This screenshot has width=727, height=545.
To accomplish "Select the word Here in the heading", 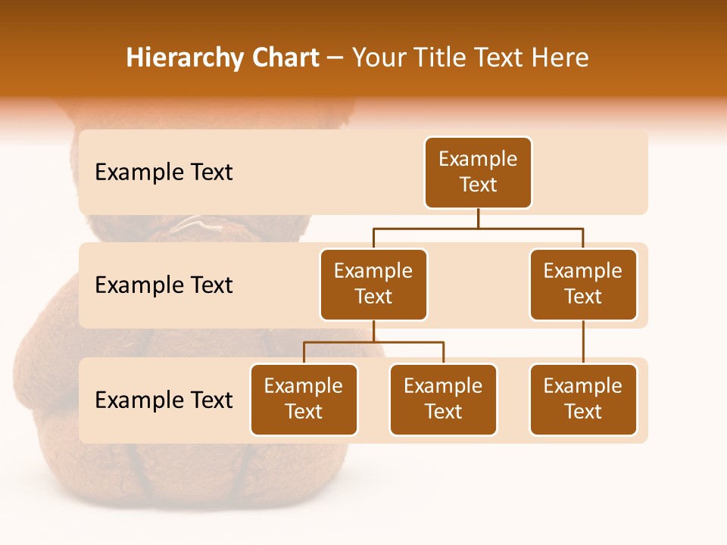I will click(560, 58).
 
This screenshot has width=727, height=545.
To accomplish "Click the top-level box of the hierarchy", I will click(478, 173).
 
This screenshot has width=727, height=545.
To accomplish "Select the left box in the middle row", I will click(373, 285).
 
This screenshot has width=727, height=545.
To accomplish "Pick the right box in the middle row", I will click(583, 285).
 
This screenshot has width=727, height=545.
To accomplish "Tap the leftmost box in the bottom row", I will click(304, 400).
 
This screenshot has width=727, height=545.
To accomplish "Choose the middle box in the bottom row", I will click(443, 400).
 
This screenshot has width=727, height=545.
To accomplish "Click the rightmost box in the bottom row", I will click(583, 400).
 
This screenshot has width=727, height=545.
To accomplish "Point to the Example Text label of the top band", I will click(164, 173).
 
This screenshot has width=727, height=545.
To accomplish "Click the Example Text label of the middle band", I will click(164, 285).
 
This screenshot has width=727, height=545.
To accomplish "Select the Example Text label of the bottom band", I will click(164, 400).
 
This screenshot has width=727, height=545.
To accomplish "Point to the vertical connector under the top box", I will click(478, 218).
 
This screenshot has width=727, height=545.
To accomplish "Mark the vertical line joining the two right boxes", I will click(583, 342).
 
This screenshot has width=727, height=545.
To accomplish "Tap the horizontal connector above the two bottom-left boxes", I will click(373, 342).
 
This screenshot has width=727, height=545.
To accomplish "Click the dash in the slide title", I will click(335, 59).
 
